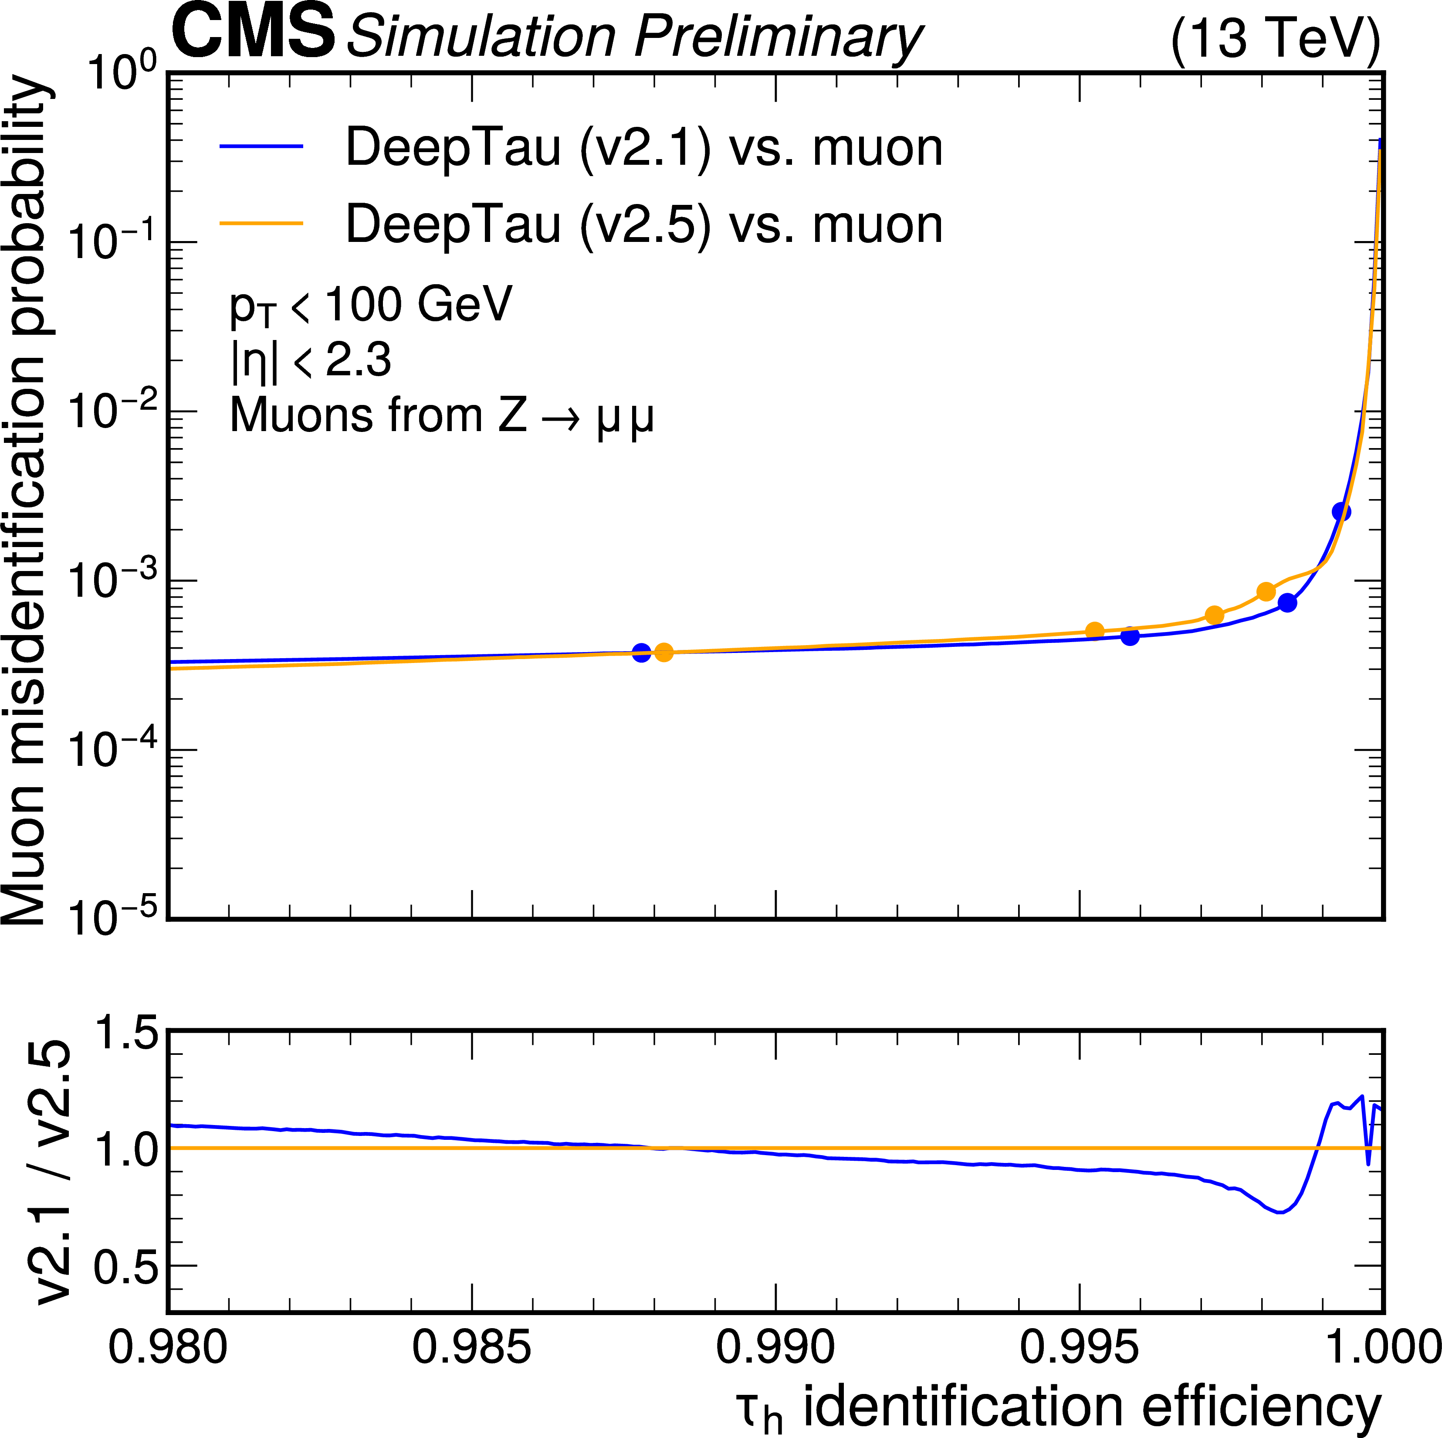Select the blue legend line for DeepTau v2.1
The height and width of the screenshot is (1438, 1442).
(261, 147)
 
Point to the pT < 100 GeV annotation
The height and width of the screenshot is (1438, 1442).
(371, 306)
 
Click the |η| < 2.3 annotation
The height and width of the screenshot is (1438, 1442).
(311, 360)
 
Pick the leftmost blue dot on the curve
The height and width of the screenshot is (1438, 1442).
(641, 653)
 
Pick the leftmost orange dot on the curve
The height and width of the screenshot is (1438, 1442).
(663, 653)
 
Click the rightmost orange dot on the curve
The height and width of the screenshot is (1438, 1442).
(1266, 592)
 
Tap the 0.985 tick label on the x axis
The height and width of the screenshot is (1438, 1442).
(472, 1348)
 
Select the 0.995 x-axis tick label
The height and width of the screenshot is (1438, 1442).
(1079, 1348)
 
